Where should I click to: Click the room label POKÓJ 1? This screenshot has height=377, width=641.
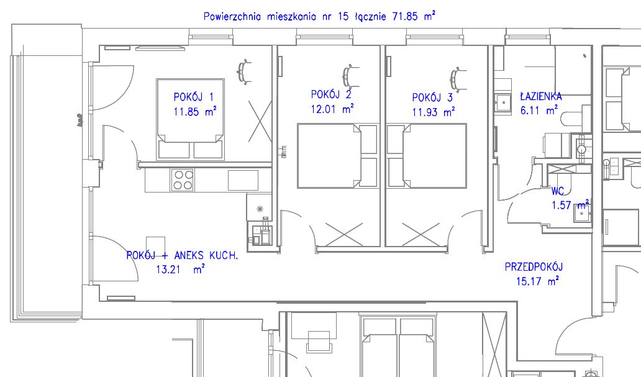[x=193, y=97]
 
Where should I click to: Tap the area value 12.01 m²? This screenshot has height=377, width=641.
[x=332, y=109]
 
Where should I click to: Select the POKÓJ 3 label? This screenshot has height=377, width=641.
[x=432, y=98]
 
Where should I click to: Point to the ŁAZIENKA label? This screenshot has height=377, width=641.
[x=541, y=96]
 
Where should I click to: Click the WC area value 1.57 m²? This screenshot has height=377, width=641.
[x=571, y=204]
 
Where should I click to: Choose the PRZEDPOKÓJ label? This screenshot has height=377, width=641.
[x=534, y=266]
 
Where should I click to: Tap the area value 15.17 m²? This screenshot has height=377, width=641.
[x=537, y=281]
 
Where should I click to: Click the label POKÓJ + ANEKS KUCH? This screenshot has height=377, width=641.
[x=182, y=255]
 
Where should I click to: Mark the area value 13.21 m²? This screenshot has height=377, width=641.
[x=180, y=270]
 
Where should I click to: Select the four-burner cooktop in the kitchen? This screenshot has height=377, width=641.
[x=183, y=180]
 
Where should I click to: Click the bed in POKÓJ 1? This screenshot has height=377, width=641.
[x=190, y=119]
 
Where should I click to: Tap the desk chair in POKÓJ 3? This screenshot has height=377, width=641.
[x=458, y=78]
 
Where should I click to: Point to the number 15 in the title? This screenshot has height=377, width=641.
[x=344, y=17]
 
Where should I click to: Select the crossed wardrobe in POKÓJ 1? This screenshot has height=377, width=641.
[x=260, y=122]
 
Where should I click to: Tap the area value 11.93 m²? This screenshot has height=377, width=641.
[x=434, y=112]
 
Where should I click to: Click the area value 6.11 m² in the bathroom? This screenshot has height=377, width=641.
[x=539, y=110]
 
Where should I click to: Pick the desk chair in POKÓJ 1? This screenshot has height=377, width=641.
[x=244, y=72]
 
